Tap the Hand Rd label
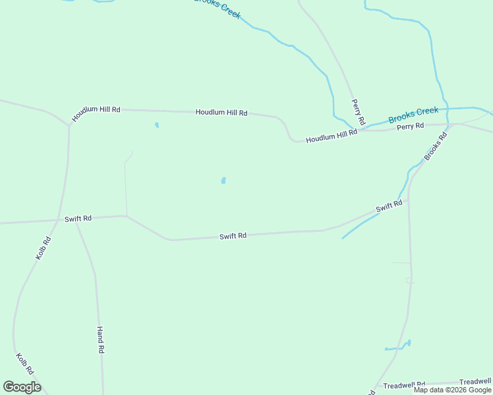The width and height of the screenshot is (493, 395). [101, 340]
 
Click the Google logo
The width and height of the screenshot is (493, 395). [22, 387]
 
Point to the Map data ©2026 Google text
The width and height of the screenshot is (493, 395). [453, 390]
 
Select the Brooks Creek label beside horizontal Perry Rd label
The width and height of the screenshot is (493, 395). [413, 115]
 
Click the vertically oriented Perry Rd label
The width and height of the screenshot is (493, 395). [358, 113]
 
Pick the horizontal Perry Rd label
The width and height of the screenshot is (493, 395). [410, 126]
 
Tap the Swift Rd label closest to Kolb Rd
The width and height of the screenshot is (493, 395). [78, 218]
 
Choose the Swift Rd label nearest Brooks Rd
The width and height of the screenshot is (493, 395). [389, 207]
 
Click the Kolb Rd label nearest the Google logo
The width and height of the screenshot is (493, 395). [24, 364]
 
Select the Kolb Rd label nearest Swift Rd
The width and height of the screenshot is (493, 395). [43, 248]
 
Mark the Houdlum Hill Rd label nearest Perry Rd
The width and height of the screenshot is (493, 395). [332, 136]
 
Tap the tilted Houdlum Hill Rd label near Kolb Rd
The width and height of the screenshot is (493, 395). [96, 114]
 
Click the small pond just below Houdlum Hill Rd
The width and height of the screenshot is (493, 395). [157, 125]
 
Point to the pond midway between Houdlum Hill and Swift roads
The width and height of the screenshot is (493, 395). [223, 180]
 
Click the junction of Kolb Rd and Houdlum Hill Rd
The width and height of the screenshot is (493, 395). [69, 125]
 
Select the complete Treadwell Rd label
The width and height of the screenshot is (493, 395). [404, 384]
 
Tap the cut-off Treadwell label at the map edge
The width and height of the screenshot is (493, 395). [475, 381]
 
